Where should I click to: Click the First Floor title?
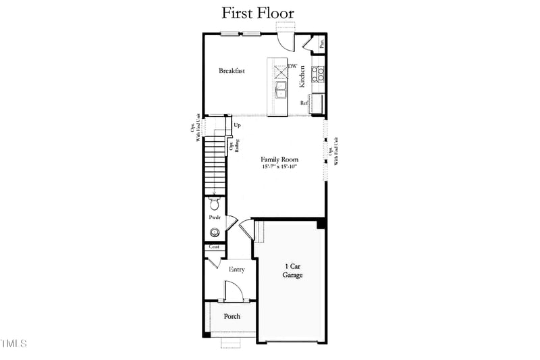[x=258, y=14]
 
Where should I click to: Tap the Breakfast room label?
[x=232, y=70]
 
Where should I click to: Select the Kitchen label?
[x=302, y=76]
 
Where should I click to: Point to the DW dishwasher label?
[x=292, y=66]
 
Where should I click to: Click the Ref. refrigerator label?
[x=304, y=103]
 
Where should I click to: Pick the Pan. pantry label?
[x=321, y=43]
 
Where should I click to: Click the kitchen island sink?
[x=281, y=88]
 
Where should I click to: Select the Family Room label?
[x=280, y=160]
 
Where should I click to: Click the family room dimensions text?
[x=280, y=167]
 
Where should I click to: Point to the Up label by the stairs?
[x=237, y=125]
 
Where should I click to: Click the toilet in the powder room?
[x=215, y=203]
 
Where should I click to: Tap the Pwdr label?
[x=215, y=217]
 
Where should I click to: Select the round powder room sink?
[x=215, y=233]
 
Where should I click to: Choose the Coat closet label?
[x=214, y=247]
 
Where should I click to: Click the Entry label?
[x=236, y=269]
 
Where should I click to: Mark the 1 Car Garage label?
[x=292, y=271]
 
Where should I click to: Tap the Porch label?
[x=232, y=316]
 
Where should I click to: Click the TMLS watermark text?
[x=13, y=344]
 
